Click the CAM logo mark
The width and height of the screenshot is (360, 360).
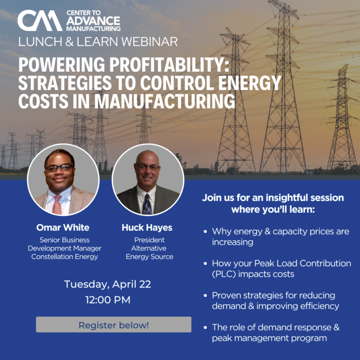coord(40,21)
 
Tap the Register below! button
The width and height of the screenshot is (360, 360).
coord(113,324)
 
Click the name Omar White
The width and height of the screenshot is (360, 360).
coord(63,227)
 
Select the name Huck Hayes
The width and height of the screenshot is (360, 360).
coord(147,228)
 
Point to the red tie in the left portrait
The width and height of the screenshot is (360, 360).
coord(57,205)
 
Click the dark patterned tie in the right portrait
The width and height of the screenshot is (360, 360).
coord(147,204)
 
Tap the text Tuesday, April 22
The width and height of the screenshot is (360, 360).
coord(107,285)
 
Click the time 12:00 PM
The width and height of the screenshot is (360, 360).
coord(108,300)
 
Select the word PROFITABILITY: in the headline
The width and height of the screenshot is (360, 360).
coord(169,65)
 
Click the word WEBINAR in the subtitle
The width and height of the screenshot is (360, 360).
coord(150,42)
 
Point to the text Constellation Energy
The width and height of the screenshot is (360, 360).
coord(65,257)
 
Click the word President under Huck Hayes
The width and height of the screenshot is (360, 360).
coord(150,240)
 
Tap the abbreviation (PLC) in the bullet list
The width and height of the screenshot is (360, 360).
coord(224,274)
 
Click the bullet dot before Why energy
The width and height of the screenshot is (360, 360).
coord(205,232)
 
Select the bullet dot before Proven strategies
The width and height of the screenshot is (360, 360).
coord(205,295)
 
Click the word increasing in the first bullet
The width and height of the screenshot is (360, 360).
coord(232,242)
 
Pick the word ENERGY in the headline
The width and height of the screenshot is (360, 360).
coord(250,83)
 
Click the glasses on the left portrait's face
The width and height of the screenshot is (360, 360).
coord(60,168)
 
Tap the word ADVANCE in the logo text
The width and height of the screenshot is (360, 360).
coord(93,21)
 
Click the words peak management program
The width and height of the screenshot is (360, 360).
coord(270,338)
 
